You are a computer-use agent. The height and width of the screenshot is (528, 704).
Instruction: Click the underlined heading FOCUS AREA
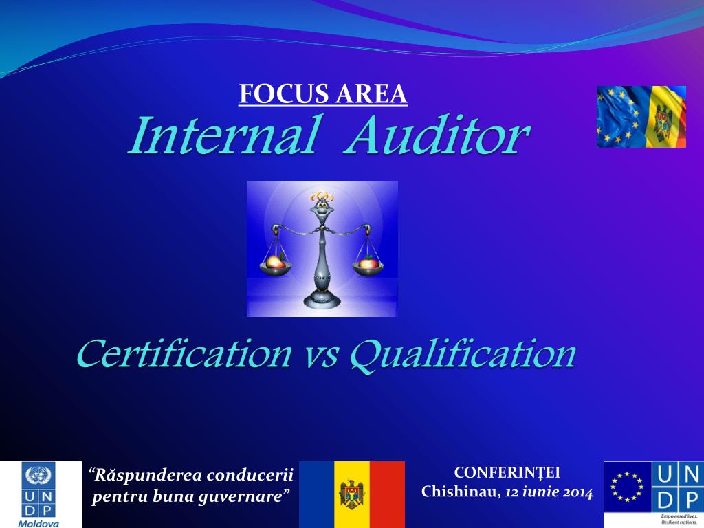[x=323, y=94]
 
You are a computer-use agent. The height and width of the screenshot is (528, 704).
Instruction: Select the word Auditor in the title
[x=438, y=135]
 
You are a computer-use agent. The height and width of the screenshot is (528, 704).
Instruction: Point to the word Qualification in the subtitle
[x=463, y=355]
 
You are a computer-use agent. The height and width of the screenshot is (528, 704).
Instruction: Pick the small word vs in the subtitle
[x=321, y=356]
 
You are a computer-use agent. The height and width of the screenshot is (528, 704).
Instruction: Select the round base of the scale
[x=321, y=298]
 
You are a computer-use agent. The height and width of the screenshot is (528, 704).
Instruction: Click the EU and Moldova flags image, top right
[x=641, y=116]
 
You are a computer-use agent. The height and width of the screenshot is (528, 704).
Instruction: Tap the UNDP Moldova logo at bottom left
[x=40, y=494]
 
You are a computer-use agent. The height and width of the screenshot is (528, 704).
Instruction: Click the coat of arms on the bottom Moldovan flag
[x=352, y=494]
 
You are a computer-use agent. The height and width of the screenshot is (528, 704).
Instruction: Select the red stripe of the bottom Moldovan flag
[x=388, y=494]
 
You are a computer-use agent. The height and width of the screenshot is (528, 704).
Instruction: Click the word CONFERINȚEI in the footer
[x=507, y=472]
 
